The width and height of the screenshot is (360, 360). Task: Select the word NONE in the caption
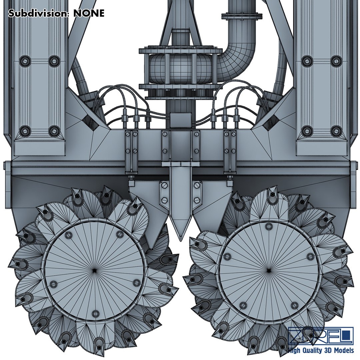pyautogui.click(x=89, y=13)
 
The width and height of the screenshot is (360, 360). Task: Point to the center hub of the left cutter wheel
pyautogui.click(x=95, y=269)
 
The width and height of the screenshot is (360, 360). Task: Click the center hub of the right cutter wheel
pyautogui.click(x=269, y=271)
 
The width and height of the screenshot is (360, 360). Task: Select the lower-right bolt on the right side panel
pyautogui.click(x=336, y=131)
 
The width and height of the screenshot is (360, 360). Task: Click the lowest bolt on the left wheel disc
pyautogui.click(x=95, y=313)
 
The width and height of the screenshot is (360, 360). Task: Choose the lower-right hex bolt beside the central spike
pyautogui.click(x=196, y=201)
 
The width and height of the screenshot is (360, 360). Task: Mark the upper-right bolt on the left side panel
pyautogui.click(x=54, y=61)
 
